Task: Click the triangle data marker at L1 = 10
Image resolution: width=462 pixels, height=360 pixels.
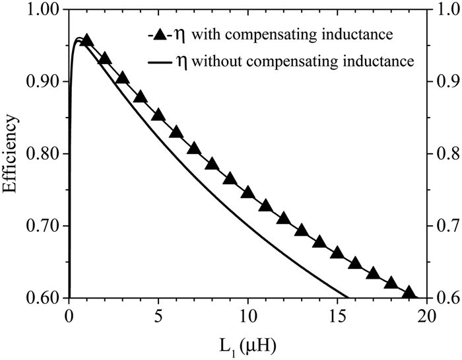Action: point(248,192)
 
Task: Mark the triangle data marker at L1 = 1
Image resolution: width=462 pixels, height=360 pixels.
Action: point(86,40)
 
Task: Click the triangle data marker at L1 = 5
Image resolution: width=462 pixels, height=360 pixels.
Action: point(158,115)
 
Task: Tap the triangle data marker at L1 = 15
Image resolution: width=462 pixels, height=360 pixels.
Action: point(337,253)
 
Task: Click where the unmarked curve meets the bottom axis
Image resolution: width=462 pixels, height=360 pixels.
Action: point(348,298)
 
